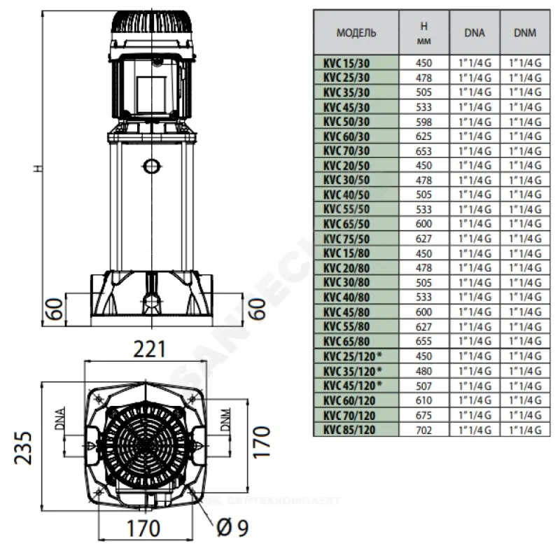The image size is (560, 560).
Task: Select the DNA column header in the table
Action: (474, 32)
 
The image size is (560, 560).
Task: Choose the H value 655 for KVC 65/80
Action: (424, 342)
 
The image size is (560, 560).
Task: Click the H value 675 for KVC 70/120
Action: (424, 415)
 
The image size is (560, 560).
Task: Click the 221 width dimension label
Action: (148, 348)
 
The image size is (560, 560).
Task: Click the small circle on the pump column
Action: (148, 167)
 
